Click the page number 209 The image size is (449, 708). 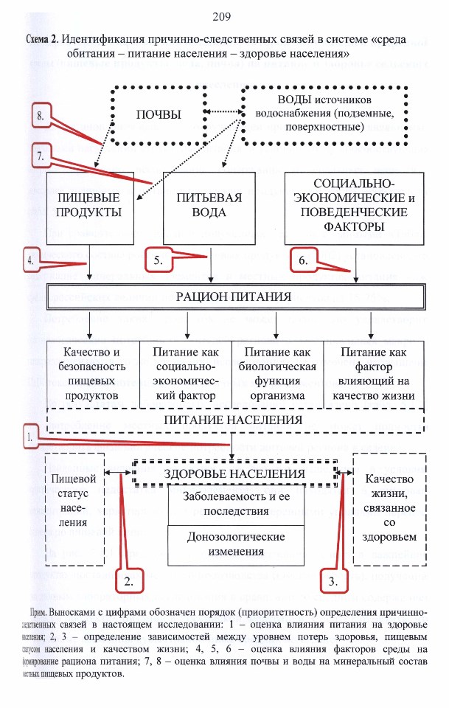point(221,17)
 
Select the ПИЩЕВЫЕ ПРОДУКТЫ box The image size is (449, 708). point(90,208)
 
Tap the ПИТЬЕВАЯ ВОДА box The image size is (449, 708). point(209,208)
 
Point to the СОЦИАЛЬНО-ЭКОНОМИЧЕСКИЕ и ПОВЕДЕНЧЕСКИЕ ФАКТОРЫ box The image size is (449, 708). point(354,208)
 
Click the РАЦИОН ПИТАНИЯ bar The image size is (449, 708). point(236,296)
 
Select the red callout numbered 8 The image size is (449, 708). point(41,116)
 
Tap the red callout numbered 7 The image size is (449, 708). point(41,156)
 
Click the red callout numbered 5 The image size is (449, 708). point(159,260)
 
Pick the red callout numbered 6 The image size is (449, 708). point(303,260)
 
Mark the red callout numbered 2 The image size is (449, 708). point(128,581)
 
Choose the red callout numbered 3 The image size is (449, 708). point(333,581)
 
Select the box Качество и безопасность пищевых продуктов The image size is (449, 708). point(92,374)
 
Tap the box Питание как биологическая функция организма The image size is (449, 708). point(277,374)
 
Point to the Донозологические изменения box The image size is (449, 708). point(236,544)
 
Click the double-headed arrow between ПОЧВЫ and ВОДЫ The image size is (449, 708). point(224,112)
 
